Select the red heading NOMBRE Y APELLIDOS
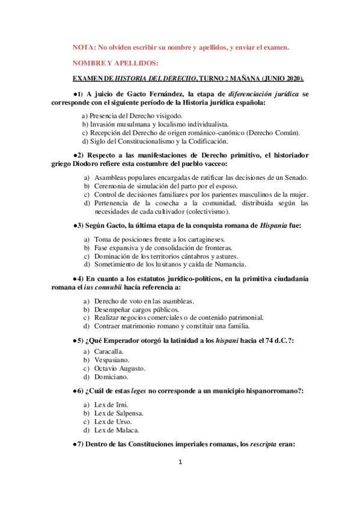pyautogui.click(x=115, y=63)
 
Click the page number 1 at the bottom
pyautogui.click(x=180, y=462)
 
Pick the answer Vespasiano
pyautogui.click(x=111, y=359)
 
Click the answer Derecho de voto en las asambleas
pyautogui.click(x=144, y=300)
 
